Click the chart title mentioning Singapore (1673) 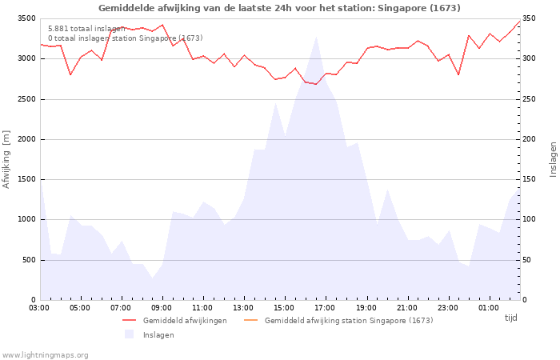click(279, 8)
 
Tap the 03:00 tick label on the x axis click(39, 307)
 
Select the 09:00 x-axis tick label click(162, 307)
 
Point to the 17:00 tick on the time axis click(325, 307)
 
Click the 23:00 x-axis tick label click(447, 307)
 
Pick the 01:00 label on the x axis click(488, 307)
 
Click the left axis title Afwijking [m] click(7, 159)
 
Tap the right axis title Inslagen click(553, 159)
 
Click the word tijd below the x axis click(510, 318)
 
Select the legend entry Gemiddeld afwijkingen click(184, 321)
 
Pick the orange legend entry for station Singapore click(348, 321)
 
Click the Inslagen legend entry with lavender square click(158, 335)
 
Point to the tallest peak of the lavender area click(316, 37)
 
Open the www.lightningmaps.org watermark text click(46, 355)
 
